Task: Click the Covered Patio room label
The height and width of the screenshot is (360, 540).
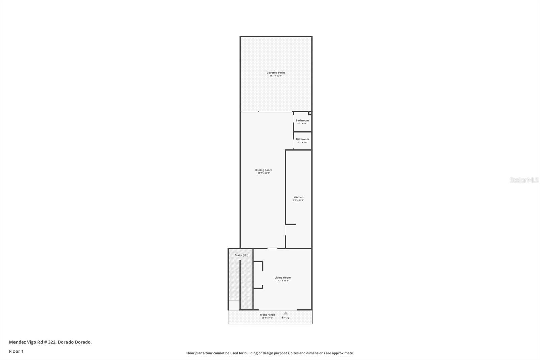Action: click(x=276, y=73)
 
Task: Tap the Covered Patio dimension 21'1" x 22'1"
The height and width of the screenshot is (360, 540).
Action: click(x=276, y=76)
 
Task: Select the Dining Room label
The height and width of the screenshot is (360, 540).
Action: click(x=264, y=170)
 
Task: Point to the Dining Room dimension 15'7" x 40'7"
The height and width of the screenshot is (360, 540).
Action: click(x=264, y=173)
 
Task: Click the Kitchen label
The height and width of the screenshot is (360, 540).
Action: click(x=298, y=197)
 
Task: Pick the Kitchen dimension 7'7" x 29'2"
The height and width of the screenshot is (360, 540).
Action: click(x=298, y=200)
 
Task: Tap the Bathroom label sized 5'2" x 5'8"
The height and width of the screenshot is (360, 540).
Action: click(x=302, y=120)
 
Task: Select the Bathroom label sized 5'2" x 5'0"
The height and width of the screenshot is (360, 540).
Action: click(x=302, y=139)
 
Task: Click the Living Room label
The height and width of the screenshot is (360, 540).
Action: click(x=282, y=278)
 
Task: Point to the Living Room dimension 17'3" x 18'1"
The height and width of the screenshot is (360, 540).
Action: click(x=282, y=281)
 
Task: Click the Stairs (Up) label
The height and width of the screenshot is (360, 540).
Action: click(x=241, y=255)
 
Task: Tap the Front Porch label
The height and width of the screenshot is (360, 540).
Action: click(x=267, y=315)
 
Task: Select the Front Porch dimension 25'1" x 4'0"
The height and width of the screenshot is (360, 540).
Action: click(x=267, y=318)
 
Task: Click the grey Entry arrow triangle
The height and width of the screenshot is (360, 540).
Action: click(x=286, y=313)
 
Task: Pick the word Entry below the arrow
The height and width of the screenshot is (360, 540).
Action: click(x=286, y=318)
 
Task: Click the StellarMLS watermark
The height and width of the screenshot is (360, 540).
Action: click(x=524, y=180)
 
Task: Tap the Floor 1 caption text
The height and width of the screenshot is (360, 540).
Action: click(x=16, y=351)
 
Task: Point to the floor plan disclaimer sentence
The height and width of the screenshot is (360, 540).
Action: click(x=270, y=353)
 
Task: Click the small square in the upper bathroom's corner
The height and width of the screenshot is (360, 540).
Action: click(x=310, y=113)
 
